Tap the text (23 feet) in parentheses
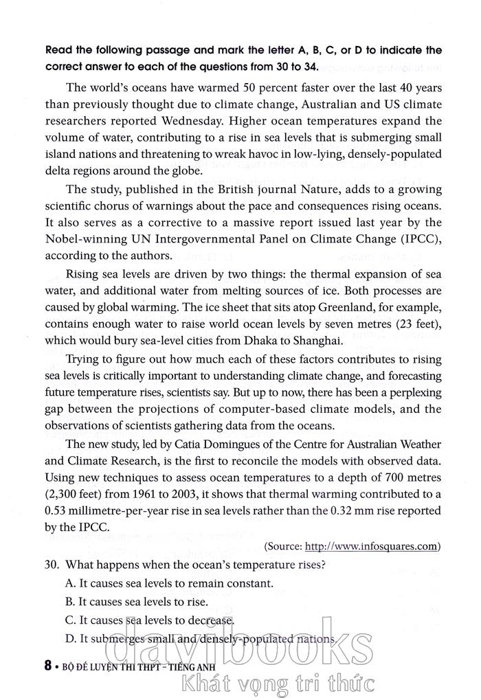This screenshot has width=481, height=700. coord(416,322)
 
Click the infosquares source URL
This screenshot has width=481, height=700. coord(371,546)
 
